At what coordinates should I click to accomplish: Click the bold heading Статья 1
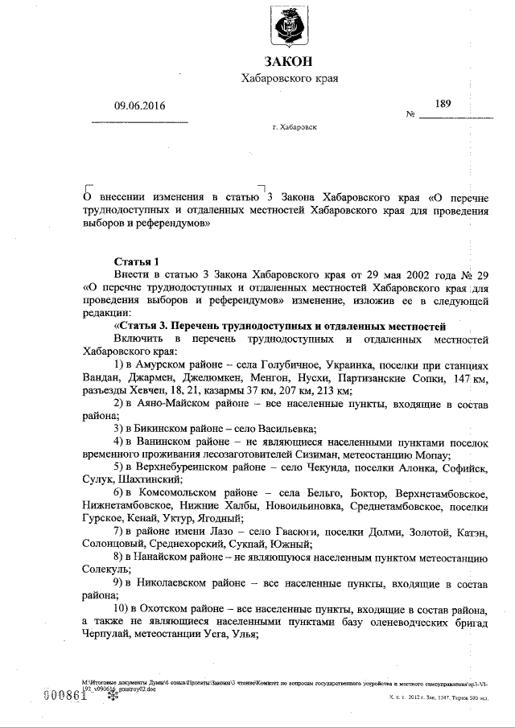136,261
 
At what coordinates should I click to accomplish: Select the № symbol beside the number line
410,114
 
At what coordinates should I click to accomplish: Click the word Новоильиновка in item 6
304,505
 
